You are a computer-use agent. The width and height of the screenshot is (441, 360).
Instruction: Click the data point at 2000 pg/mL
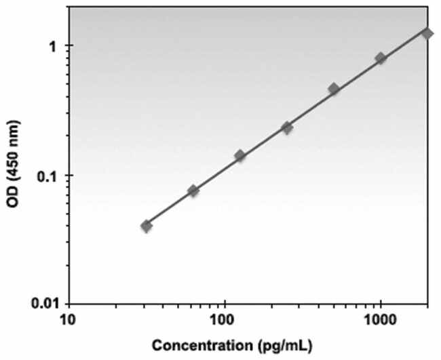coord(427,33)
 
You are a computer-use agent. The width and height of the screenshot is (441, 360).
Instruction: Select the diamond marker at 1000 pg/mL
coord(381,58)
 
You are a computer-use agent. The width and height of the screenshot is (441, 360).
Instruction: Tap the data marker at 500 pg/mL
coord(334,89)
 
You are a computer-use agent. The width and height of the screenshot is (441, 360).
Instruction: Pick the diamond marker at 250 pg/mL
coord(287,127)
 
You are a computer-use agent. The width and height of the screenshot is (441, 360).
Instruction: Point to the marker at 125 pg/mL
coord(239,155)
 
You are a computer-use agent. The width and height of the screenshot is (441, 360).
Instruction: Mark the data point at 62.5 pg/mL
coord(193,191)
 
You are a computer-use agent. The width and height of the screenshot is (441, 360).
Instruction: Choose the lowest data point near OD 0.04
coord(147,226)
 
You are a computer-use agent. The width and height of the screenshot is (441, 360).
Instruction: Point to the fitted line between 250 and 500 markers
coord(311,107)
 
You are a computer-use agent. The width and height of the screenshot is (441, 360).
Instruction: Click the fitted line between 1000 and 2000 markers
coord(404,45)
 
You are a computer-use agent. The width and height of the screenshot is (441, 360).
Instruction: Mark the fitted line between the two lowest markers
coord(170,207)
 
